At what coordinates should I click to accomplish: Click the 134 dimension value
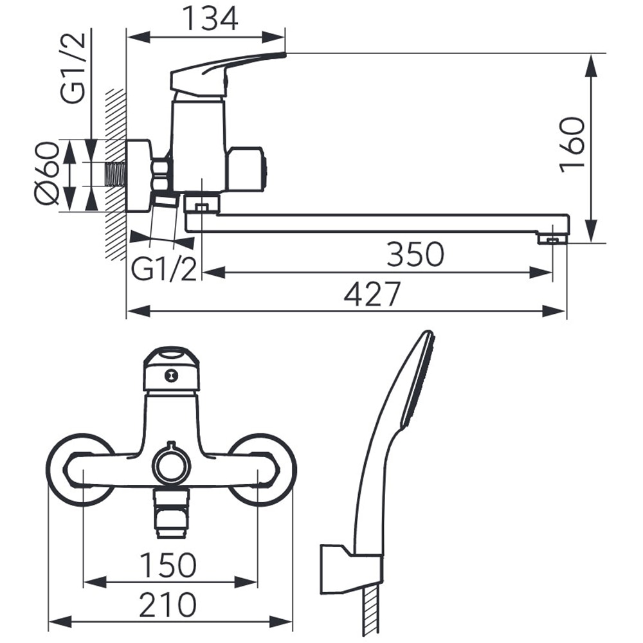(x=210, y=19)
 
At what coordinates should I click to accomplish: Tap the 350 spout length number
(x=415, y=254)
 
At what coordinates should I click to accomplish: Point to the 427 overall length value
(x=372, y=294)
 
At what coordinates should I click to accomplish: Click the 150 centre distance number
(x=168, y=565)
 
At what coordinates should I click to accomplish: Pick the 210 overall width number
(x=168, y=604)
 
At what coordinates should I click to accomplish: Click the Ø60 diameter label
(x=46, y=174)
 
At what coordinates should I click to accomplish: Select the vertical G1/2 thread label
(x=73, y=68)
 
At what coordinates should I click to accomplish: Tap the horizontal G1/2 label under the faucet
(x=164, y=269)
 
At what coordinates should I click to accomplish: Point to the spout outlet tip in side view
(x=553, y=239)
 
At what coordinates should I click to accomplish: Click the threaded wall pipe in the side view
(x=116, y=174)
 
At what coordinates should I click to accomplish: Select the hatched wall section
(x=116, y=174)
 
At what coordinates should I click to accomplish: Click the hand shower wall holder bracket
(x=351, y=569)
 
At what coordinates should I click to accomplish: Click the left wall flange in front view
(x=81, y=470)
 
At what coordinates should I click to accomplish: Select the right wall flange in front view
(x=260, y=470)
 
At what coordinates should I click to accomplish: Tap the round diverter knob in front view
(x=172, y=465)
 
